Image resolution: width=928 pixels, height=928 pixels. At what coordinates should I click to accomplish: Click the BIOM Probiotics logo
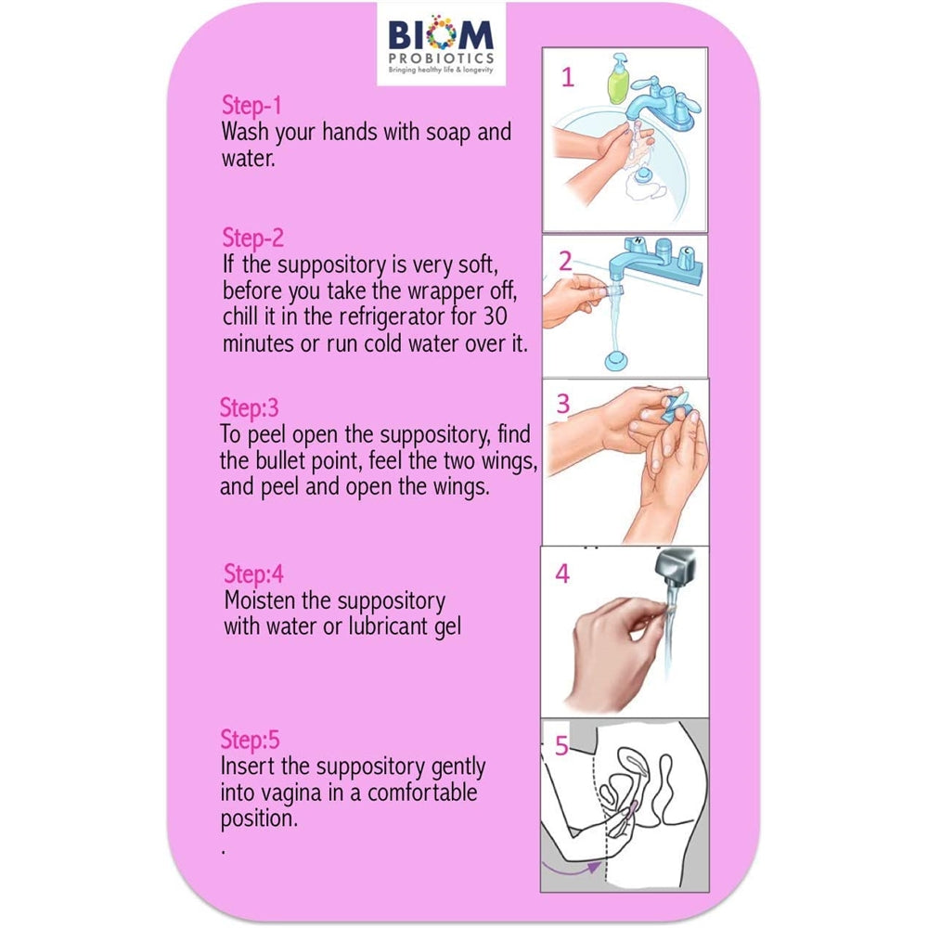(441, 45)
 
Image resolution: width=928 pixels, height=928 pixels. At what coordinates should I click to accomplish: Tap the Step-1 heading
(251, 107)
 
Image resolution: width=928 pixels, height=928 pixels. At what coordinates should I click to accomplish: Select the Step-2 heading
(252, 238)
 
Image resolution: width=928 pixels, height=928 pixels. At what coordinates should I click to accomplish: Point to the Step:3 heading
(249, 408)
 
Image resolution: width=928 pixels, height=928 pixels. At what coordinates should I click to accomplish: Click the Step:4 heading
(253, 574)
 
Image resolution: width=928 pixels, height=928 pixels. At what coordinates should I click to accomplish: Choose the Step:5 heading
(250, 740)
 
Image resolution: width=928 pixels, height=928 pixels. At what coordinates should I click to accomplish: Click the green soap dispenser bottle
(618, 79)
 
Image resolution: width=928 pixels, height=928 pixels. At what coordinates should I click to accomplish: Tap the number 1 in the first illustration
(568, 78)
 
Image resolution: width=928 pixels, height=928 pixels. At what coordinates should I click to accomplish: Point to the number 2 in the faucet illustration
(565, 262)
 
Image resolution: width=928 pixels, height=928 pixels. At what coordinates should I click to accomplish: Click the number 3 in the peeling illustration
(563, 405)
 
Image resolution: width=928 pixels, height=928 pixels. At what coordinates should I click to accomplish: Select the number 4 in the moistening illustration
(562, 574)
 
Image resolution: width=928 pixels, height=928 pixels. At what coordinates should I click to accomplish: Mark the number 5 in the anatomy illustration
(561, 746)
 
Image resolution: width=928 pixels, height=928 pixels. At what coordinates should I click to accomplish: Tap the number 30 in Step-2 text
(496, 316)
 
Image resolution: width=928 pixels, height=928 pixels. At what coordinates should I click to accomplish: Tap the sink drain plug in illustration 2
(618, 360)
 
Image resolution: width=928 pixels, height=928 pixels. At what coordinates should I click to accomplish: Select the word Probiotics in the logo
(441, 58)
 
